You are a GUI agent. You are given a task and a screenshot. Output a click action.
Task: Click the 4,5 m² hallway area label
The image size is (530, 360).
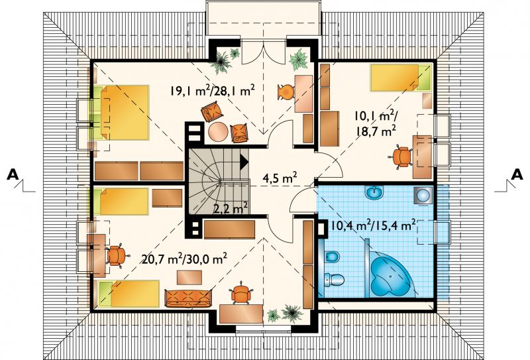point(280,178)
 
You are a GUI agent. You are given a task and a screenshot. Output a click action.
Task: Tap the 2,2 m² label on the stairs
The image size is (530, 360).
point(231,208)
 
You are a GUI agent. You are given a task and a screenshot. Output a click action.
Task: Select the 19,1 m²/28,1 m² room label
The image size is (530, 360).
point(212,91)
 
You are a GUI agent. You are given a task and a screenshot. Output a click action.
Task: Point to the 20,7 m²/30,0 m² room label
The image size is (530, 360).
point(184,259)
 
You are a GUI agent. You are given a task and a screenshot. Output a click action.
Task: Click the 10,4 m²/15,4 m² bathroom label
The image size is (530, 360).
point(372,224)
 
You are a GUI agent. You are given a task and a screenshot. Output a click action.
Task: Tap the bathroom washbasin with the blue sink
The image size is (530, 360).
point(374,193)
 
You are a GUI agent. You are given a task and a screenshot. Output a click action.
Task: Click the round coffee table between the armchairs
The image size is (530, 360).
point(218,132)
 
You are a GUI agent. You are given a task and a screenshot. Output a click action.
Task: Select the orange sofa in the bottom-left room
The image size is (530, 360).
point(188,298)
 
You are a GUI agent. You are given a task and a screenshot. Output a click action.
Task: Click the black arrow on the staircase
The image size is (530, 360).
point(244,161)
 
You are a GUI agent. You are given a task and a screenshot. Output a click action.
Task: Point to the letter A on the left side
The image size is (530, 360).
point(13,174)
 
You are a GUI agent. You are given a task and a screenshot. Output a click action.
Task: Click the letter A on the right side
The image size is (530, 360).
point(517,174)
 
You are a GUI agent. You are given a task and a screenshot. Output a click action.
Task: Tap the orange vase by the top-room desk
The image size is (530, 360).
point(285,91)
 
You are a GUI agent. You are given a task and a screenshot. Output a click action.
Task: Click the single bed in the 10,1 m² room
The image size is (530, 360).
point(401,78)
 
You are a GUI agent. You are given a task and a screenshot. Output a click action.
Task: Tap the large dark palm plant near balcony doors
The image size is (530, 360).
point(221,62)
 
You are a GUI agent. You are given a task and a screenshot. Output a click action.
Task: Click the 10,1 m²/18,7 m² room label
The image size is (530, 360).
point(376,123)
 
